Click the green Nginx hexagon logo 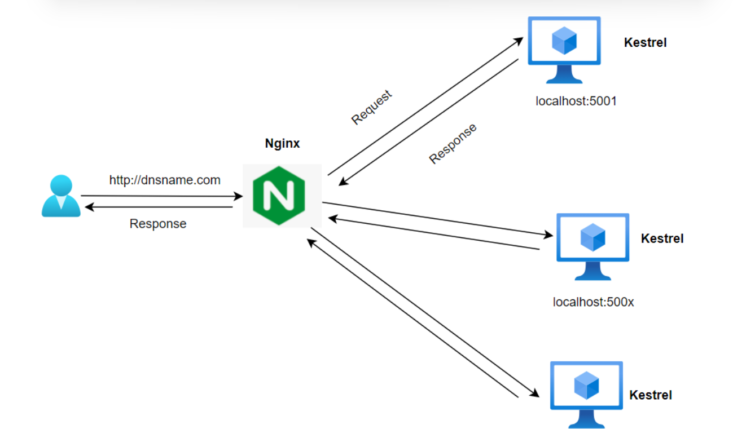click(279, 196)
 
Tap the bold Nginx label click(282, 144)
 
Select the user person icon click(61, 196)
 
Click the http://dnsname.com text click(165, 180)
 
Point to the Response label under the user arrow click(158, 224)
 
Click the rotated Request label click(371, 107)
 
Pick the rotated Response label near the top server click(453, 143)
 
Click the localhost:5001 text click(576, 102)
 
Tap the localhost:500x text click(593, 302)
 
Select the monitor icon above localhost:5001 click(564, 50)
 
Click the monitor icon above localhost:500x click(592, 246)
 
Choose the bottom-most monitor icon click(586, 393)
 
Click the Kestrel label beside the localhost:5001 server click(645, 43)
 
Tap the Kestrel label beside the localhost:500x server click(662, 239)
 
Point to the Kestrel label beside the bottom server click(651, 395)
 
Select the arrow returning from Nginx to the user click(158, 207)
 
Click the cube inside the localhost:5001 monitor click(564, 41)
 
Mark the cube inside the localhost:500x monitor click(592, 237)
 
